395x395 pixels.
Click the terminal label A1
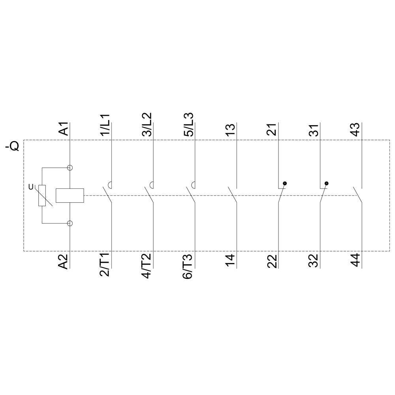coord(64,129)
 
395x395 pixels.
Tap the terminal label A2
coord(64,261)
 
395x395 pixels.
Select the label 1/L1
coord(105,126)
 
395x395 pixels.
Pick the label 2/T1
coord(105,265)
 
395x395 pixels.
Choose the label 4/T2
coord(147,265)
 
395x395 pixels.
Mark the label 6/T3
coord(188,265)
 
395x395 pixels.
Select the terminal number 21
coord(272,130)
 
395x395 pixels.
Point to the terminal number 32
coord(314,261)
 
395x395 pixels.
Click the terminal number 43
coord(355,130)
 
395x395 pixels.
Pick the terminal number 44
coord(355,260)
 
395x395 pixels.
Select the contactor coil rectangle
coord(70,196)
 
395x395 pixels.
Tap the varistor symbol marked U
coord(42,196)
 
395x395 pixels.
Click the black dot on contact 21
coord(284,184)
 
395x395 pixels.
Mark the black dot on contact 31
coord(326,184)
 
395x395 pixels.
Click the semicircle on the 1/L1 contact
coord(111,184)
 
